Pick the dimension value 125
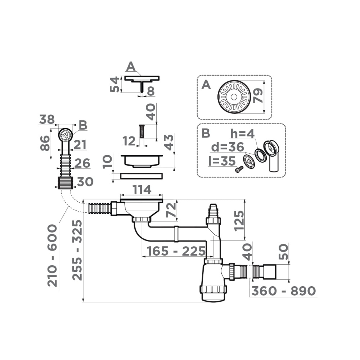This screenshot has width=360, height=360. tap(239, 220)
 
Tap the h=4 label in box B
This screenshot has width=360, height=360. tap(243, 134)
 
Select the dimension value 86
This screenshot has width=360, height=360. tap(45, 143)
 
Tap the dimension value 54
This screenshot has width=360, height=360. tap(115, 84)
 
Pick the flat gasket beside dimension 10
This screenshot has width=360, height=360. tap(141, 176)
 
